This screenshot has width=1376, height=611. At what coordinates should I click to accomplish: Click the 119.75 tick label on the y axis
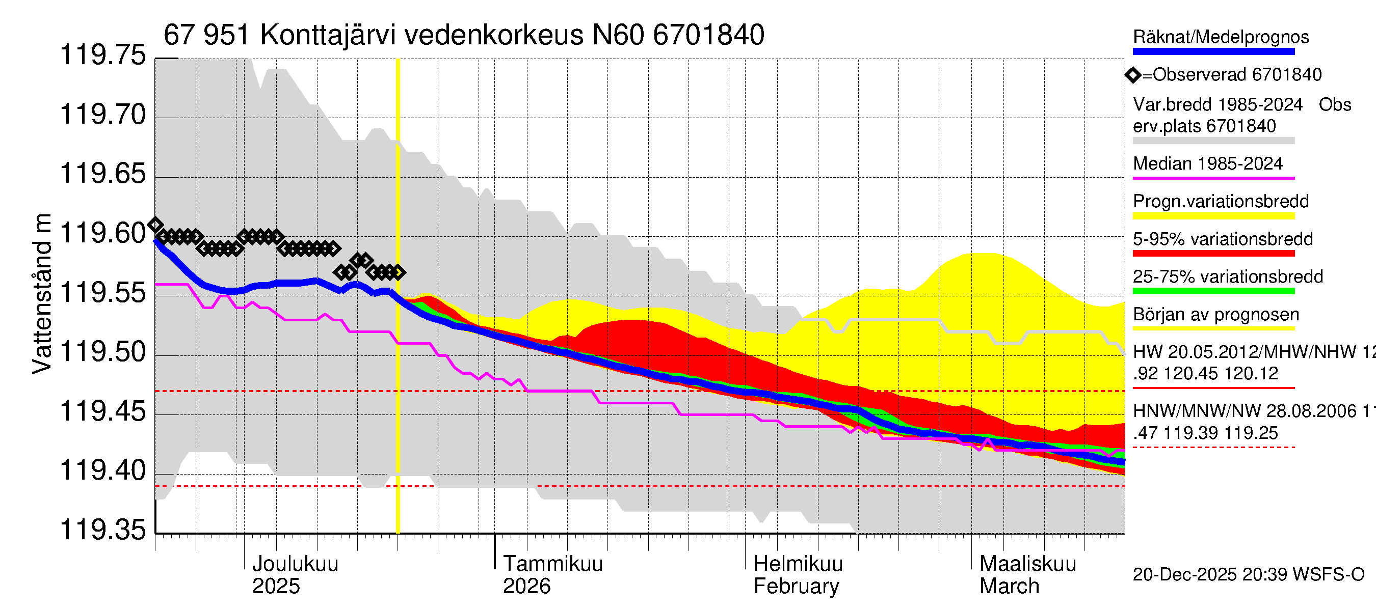click(x=102, y=55)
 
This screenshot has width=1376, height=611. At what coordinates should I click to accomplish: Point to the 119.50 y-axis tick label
click(x=102, y=352)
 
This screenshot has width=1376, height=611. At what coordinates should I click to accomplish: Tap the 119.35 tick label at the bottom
click(x=102, y=530)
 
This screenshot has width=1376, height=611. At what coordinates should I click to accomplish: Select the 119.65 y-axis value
click(x=102, y=175)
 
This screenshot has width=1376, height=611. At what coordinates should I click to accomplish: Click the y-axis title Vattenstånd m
click(x=42, y=293)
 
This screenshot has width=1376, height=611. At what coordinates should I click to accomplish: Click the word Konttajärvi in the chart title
click(x=328, y=35)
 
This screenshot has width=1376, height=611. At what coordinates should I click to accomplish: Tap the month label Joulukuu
click(x=295, y=564)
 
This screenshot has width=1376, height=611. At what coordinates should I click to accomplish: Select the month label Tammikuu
click(x=552, y=564)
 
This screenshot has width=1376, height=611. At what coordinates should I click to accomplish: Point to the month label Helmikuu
click(x=798, y=564)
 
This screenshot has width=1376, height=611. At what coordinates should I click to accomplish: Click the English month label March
click(x=1009, y=587)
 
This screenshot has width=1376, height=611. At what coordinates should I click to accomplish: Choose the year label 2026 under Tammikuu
click(x=526, y=587)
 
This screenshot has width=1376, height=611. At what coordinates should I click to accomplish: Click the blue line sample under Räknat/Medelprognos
click(x=1213, y=52)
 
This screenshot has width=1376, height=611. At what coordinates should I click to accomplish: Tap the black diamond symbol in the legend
click(x=1133, y=75)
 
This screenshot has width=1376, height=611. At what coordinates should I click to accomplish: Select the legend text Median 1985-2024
click(x=1207, y=164)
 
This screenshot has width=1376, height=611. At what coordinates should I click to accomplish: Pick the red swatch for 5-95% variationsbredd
click(x=1213, y=254)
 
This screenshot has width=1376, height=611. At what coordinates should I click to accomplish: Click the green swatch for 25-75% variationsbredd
click(x=1213, y=291)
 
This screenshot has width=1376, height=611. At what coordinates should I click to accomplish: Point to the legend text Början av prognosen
click(x=1216, y=315)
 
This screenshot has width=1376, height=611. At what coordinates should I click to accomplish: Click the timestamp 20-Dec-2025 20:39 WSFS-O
click(x=1248, y=575)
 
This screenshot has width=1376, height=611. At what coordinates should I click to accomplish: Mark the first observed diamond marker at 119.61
click(x=155, y=225)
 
